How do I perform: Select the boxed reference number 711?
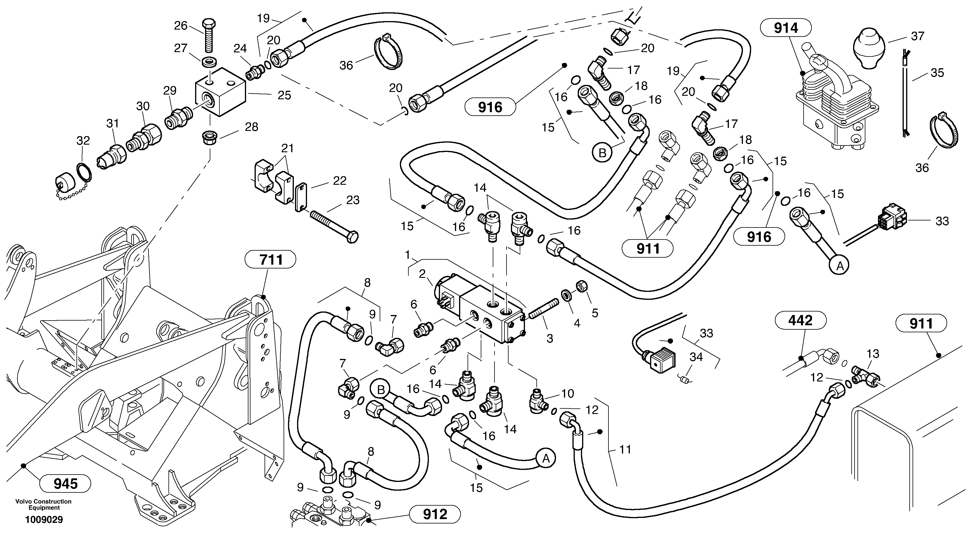coord(271,260)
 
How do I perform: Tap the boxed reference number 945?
coord(66,484)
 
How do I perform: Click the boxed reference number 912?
coord(435,514)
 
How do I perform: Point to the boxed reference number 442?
coord(800,321)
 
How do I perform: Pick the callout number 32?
coord(83,141)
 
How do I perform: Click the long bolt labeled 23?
coord(334,226)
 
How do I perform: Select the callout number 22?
coord(340,181)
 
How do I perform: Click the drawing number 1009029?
coord(44,520)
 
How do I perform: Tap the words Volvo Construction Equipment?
coord(44,504)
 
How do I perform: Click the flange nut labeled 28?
coord(209,135)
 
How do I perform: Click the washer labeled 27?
coord(207,61)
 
